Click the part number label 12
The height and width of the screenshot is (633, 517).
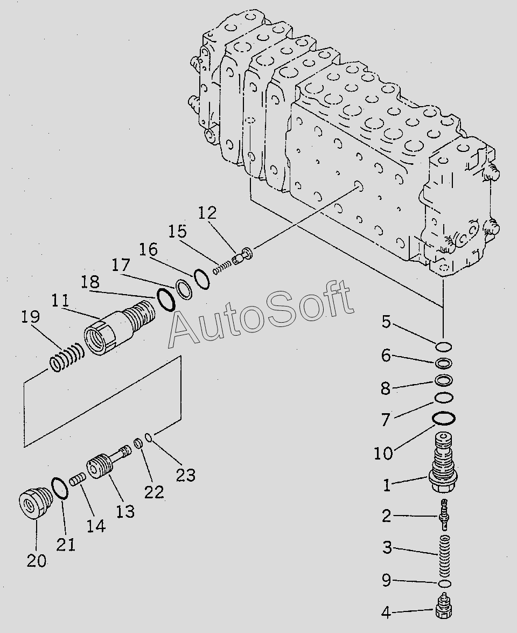(207, 213)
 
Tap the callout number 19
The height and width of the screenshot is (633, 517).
(31, 317)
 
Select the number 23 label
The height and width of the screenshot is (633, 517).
(186, 475)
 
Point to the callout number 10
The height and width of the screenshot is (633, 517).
(383, 453)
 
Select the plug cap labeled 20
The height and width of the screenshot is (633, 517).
(34, 503)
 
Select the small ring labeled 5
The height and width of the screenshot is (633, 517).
(444, 346)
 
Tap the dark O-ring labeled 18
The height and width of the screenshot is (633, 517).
(165, 299)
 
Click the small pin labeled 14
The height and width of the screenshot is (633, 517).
(78, 478)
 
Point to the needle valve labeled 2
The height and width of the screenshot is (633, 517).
(444, 514)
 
